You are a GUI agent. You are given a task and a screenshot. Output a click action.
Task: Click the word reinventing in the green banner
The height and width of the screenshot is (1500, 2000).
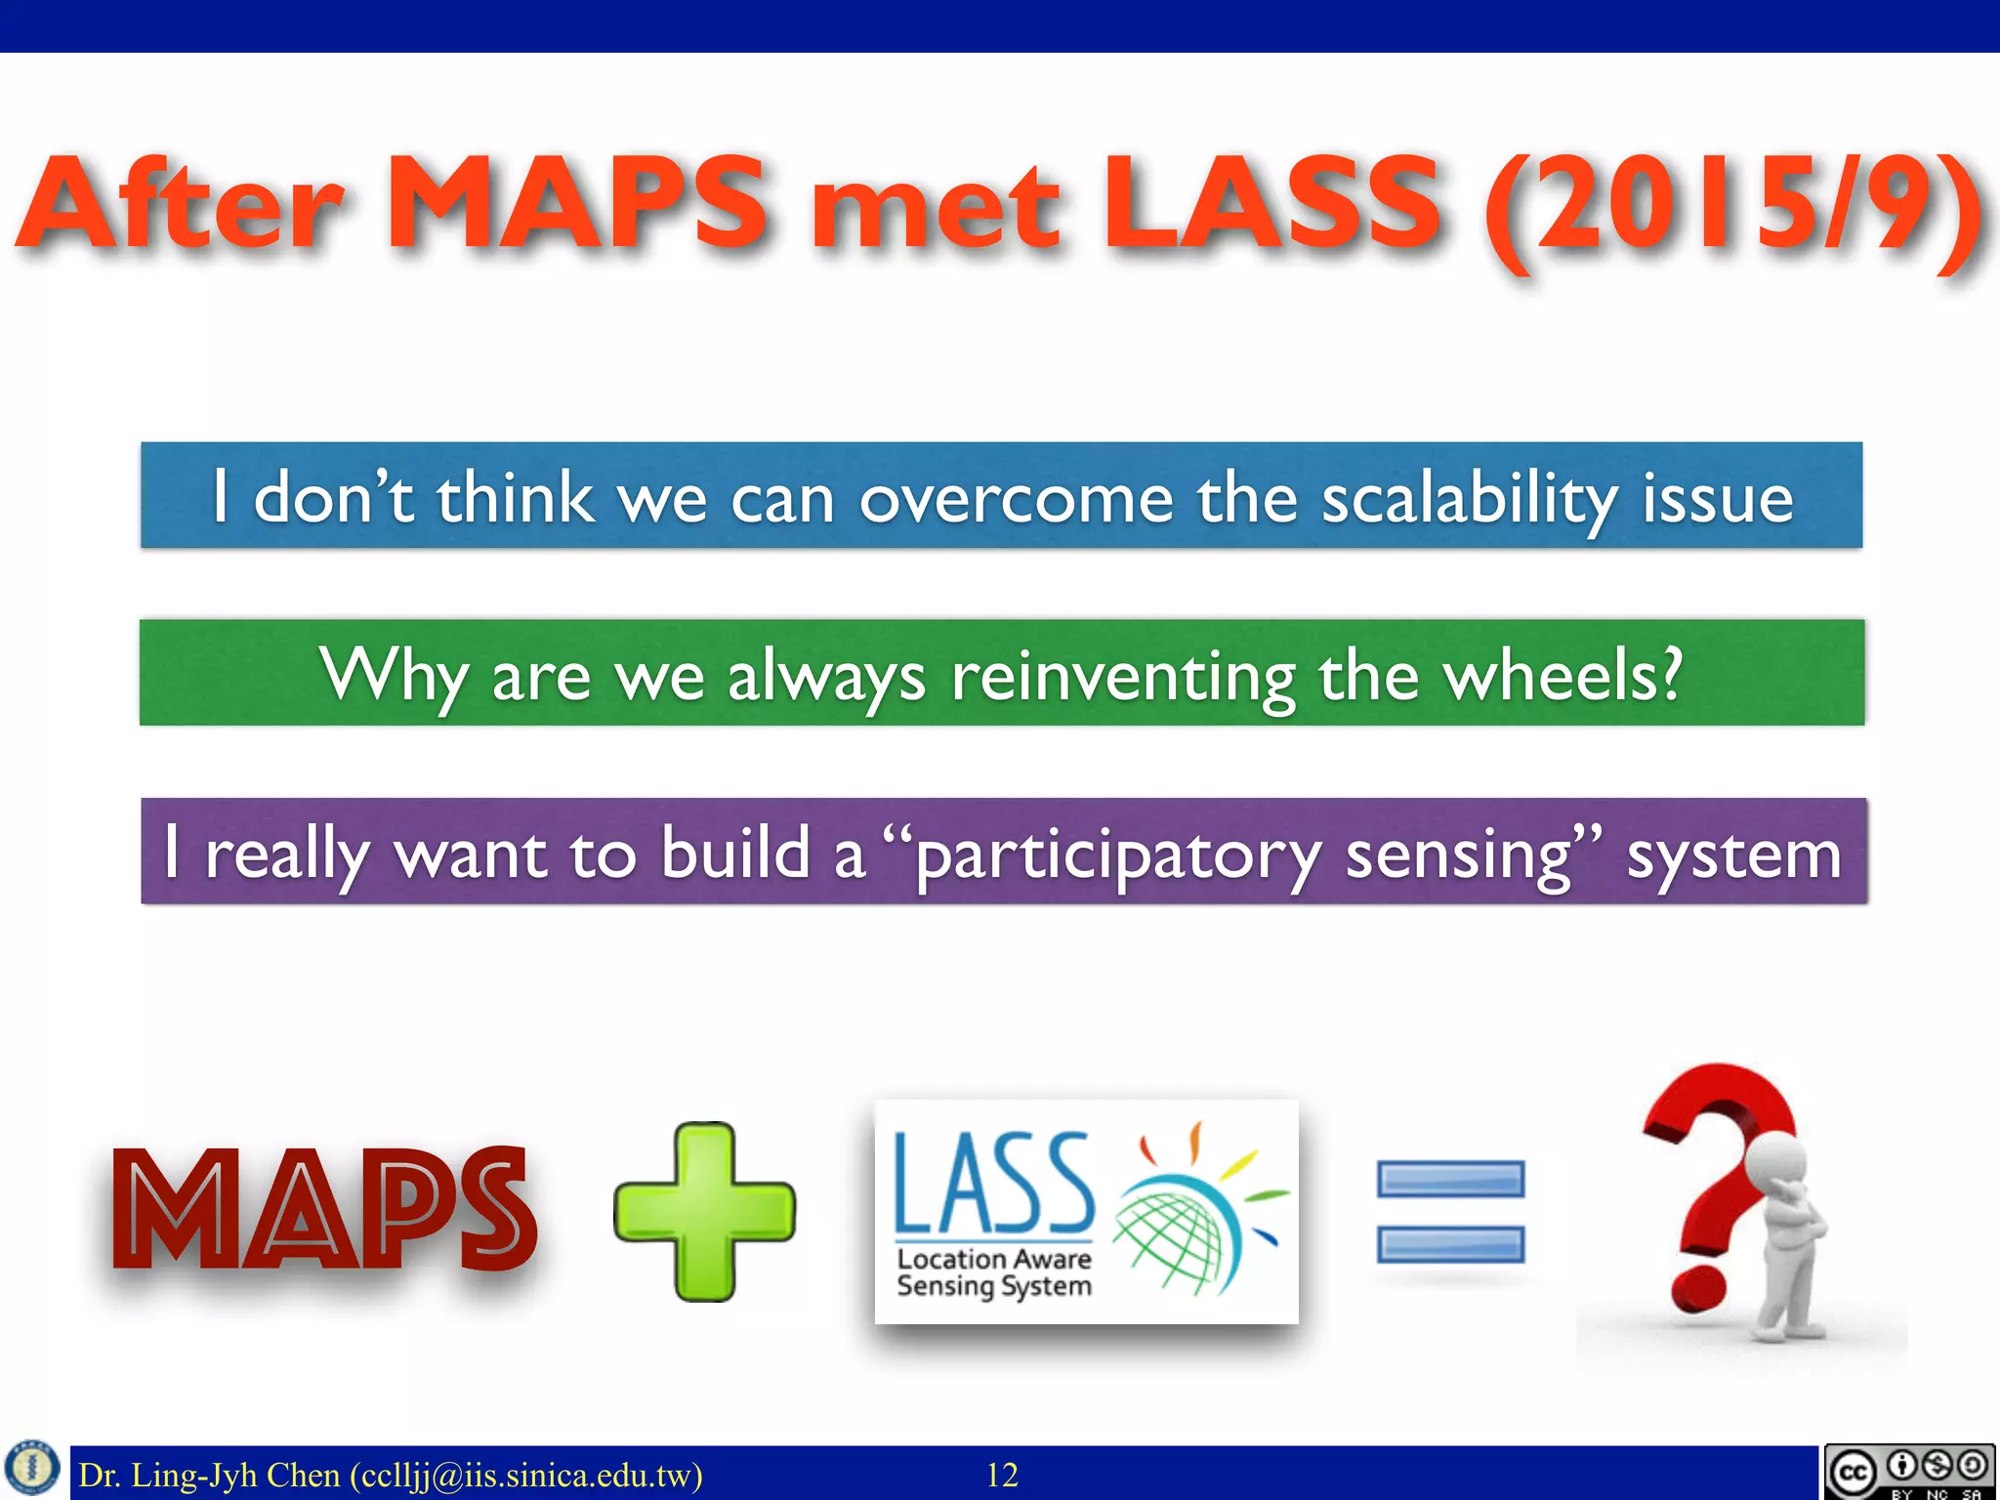1123,676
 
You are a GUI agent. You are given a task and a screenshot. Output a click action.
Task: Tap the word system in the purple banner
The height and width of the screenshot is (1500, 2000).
1733,855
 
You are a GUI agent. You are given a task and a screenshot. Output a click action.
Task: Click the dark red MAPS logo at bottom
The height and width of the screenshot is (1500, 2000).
322,1211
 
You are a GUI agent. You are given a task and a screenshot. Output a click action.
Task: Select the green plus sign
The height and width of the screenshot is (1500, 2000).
704,1211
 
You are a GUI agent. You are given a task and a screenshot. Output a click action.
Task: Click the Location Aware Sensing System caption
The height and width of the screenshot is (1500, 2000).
993,1272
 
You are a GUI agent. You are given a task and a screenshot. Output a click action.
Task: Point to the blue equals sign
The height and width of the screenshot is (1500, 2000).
1450,1211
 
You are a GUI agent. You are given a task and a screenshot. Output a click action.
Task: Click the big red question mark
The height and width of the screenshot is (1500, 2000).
1714,1172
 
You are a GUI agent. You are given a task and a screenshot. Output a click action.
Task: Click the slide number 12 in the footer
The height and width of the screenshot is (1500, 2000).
1002,1475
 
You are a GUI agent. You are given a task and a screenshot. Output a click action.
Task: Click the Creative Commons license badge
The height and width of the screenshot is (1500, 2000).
1908,1471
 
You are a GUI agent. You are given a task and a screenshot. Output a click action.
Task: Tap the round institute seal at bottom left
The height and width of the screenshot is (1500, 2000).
32,1468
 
